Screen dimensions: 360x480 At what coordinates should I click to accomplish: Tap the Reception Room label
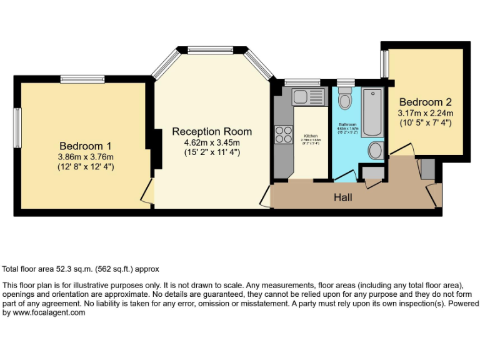[212, 131]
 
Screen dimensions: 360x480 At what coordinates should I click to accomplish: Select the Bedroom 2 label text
[425, 102]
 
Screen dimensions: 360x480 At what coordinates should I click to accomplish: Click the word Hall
[342, 197]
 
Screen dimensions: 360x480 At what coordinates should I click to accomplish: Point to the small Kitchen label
[311, 136]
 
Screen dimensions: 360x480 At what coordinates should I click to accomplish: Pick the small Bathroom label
[347, 124]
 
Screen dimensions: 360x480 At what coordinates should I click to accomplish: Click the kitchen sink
[307, 97]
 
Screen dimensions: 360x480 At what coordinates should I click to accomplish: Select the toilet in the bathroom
[344, 99]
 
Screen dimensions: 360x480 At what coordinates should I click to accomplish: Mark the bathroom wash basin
[376, 150]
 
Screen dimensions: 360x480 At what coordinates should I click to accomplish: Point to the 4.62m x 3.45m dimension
[212, 142]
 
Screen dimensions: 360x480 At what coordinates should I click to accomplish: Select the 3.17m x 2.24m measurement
[425, 113]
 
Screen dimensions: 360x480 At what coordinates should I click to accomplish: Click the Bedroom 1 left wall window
[17, 128]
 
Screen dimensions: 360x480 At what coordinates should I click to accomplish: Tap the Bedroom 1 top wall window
[82, 79]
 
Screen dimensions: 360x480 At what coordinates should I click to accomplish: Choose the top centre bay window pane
[212, 51]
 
